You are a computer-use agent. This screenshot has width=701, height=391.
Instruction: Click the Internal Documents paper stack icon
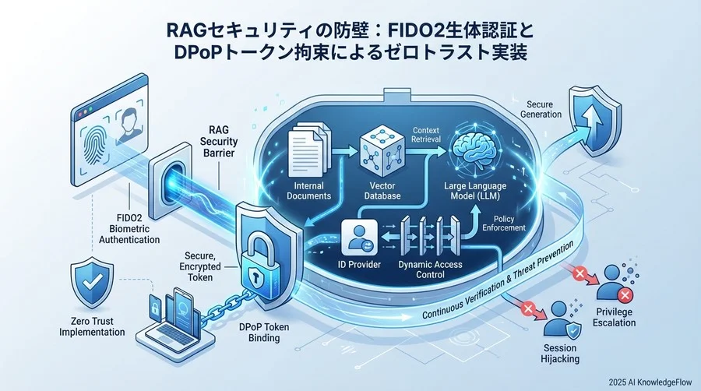(309, 150)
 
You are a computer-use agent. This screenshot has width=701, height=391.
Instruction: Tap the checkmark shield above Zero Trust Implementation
(92, 282)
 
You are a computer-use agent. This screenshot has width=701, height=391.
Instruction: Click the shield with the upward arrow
(594, 121)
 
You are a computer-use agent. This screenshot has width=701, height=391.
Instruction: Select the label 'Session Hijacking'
(560, 354)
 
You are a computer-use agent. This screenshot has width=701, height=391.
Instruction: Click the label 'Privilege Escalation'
(614, 317)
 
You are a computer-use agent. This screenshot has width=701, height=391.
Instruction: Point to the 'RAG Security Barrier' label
(219, 142)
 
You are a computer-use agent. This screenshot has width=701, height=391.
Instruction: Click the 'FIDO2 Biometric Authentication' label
(129, 229)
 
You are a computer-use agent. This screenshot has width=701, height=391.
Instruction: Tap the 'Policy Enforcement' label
(504, 224)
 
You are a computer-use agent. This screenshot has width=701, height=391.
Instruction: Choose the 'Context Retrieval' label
(425, 135)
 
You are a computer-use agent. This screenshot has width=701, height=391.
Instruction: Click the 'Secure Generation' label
(540, 110)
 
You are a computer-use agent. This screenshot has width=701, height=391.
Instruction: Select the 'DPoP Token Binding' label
(264, 333)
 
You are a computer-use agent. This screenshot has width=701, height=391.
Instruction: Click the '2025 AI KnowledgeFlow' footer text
(650, 382)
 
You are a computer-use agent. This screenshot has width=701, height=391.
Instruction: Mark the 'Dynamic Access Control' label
(430, 269)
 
